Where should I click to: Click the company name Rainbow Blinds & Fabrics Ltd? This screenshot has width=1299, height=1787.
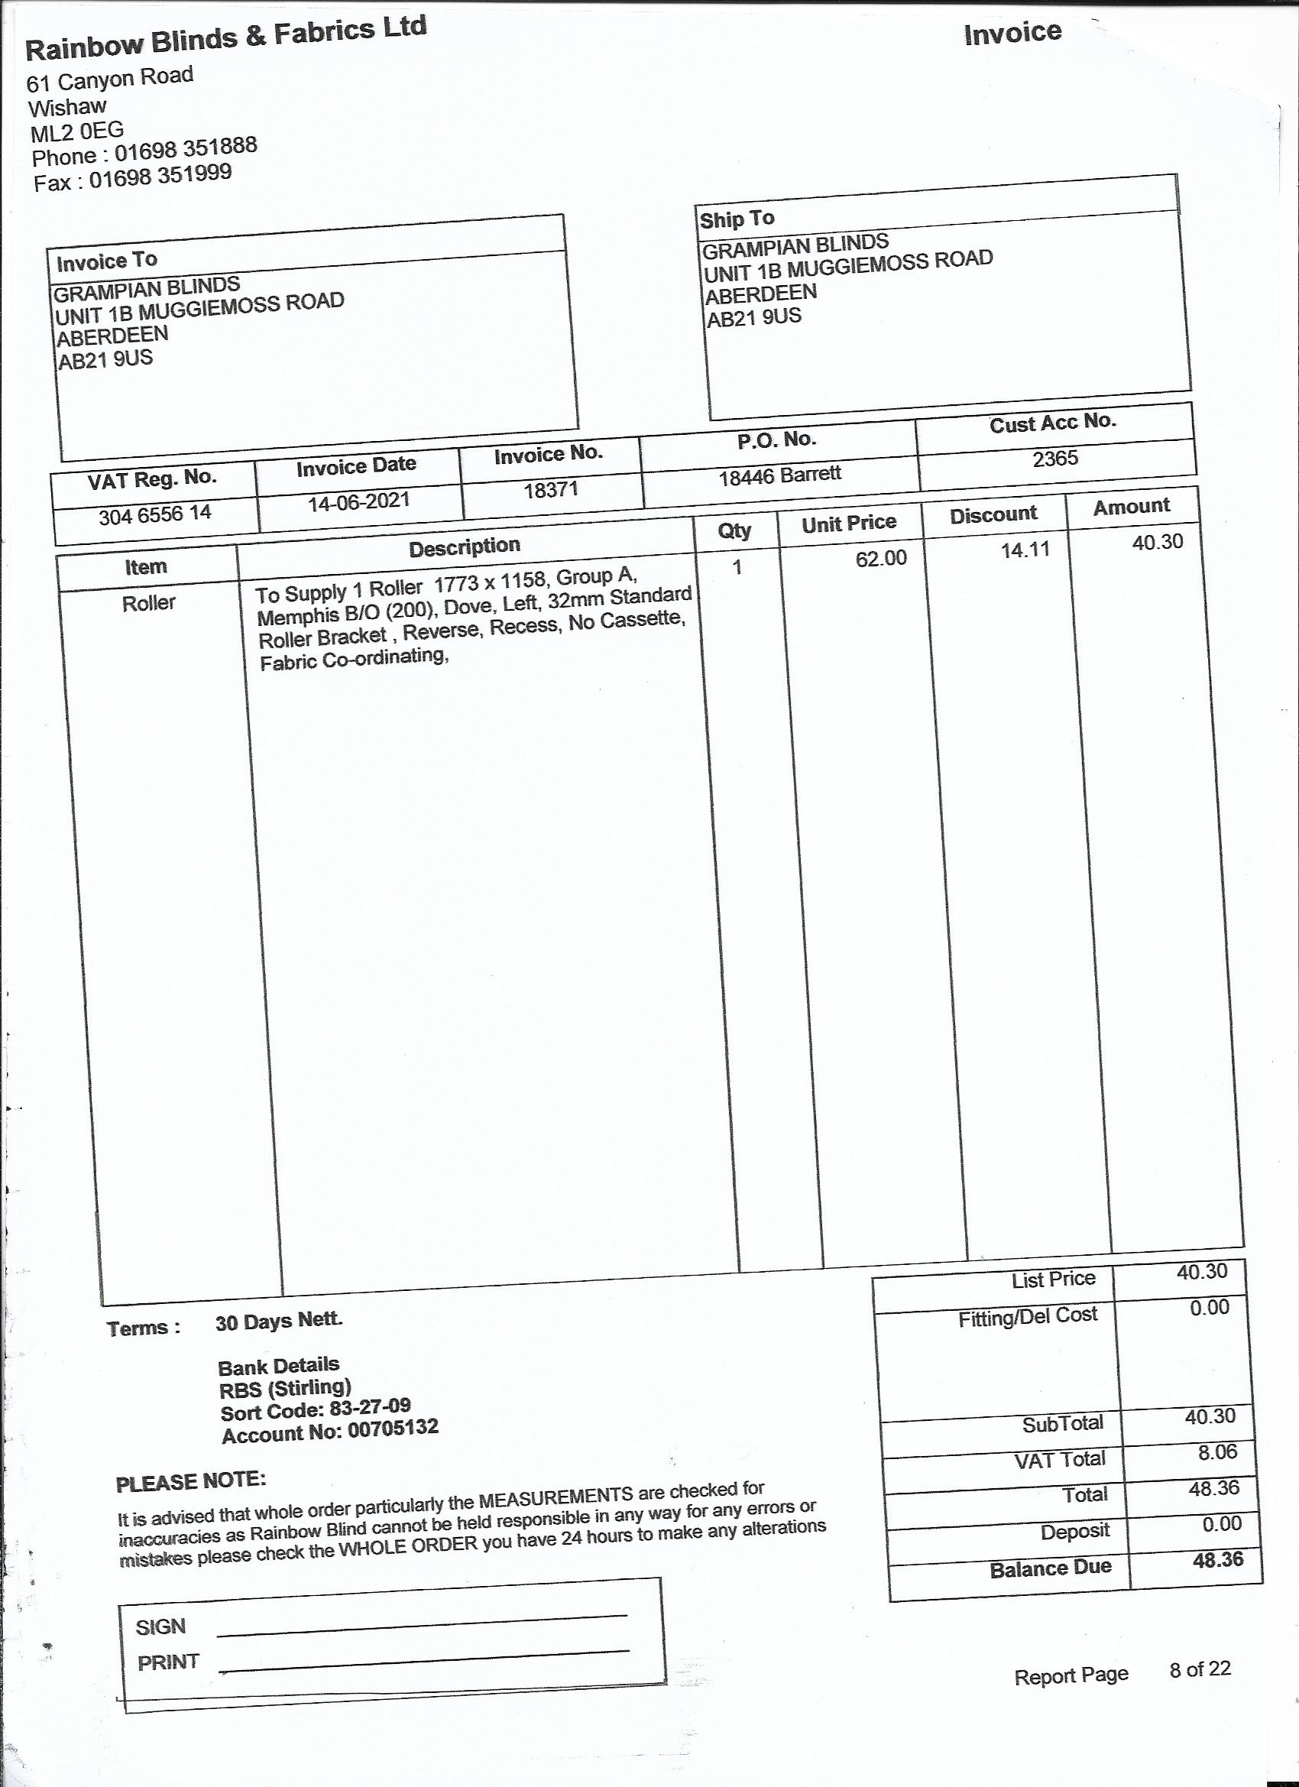point(226,39)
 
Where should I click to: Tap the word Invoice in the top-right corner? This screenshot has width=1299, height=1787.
point(1012,33)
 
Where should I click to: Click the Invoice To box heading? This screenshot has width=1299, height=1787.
point(107,261)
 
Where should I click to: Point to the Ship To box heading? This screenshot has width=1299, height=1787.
point(737,219)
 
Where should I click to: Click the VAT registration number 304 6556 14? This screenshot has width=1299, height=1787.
point(154,514)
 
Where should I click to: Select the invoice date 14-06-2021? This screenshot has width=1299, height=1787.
point(358,501)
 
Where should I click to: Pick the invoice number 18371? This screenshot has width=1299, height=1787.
point(551,489)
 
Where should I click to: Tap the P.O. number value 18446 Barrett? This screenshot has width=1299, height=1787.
point(779,475)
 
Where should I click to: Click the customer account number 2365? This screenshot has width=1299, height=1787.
point(1054,459)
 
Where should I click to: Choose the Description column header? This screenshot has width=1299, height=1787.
point(464,546)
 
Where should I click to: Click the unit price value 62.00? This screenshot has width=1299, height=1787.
point(881,559)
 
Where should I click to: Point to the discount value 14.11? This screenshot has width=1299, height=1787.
point(1025,550)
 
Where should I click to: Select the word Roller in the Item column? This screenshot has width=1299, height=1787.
point(148,604)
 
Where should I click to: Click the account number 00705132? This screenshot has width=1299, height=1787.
point(392,1428)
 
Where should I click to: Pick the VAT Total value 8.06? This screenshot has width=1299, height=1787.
point(1217,1451)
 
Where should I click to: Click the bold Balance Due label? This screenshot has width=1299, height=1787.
point(1050,1568)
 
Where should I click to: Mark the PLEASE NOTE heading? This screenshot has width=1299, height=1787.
point(190,1481)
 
